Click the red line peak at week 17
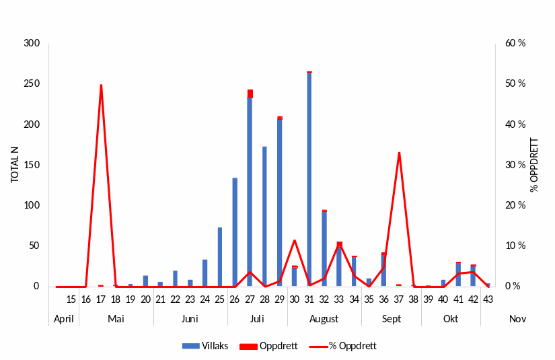101,85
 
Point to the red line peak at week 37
399,153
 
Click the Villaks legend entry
206,346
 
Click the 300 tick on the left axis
32,44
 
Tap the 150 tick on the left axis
32,165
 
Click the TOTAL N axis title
15,165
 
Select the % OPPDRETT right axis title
534,165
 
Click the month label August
324,318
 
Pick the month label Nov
517,318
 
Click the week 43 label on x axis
488,299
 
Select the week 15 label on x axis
71,299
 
